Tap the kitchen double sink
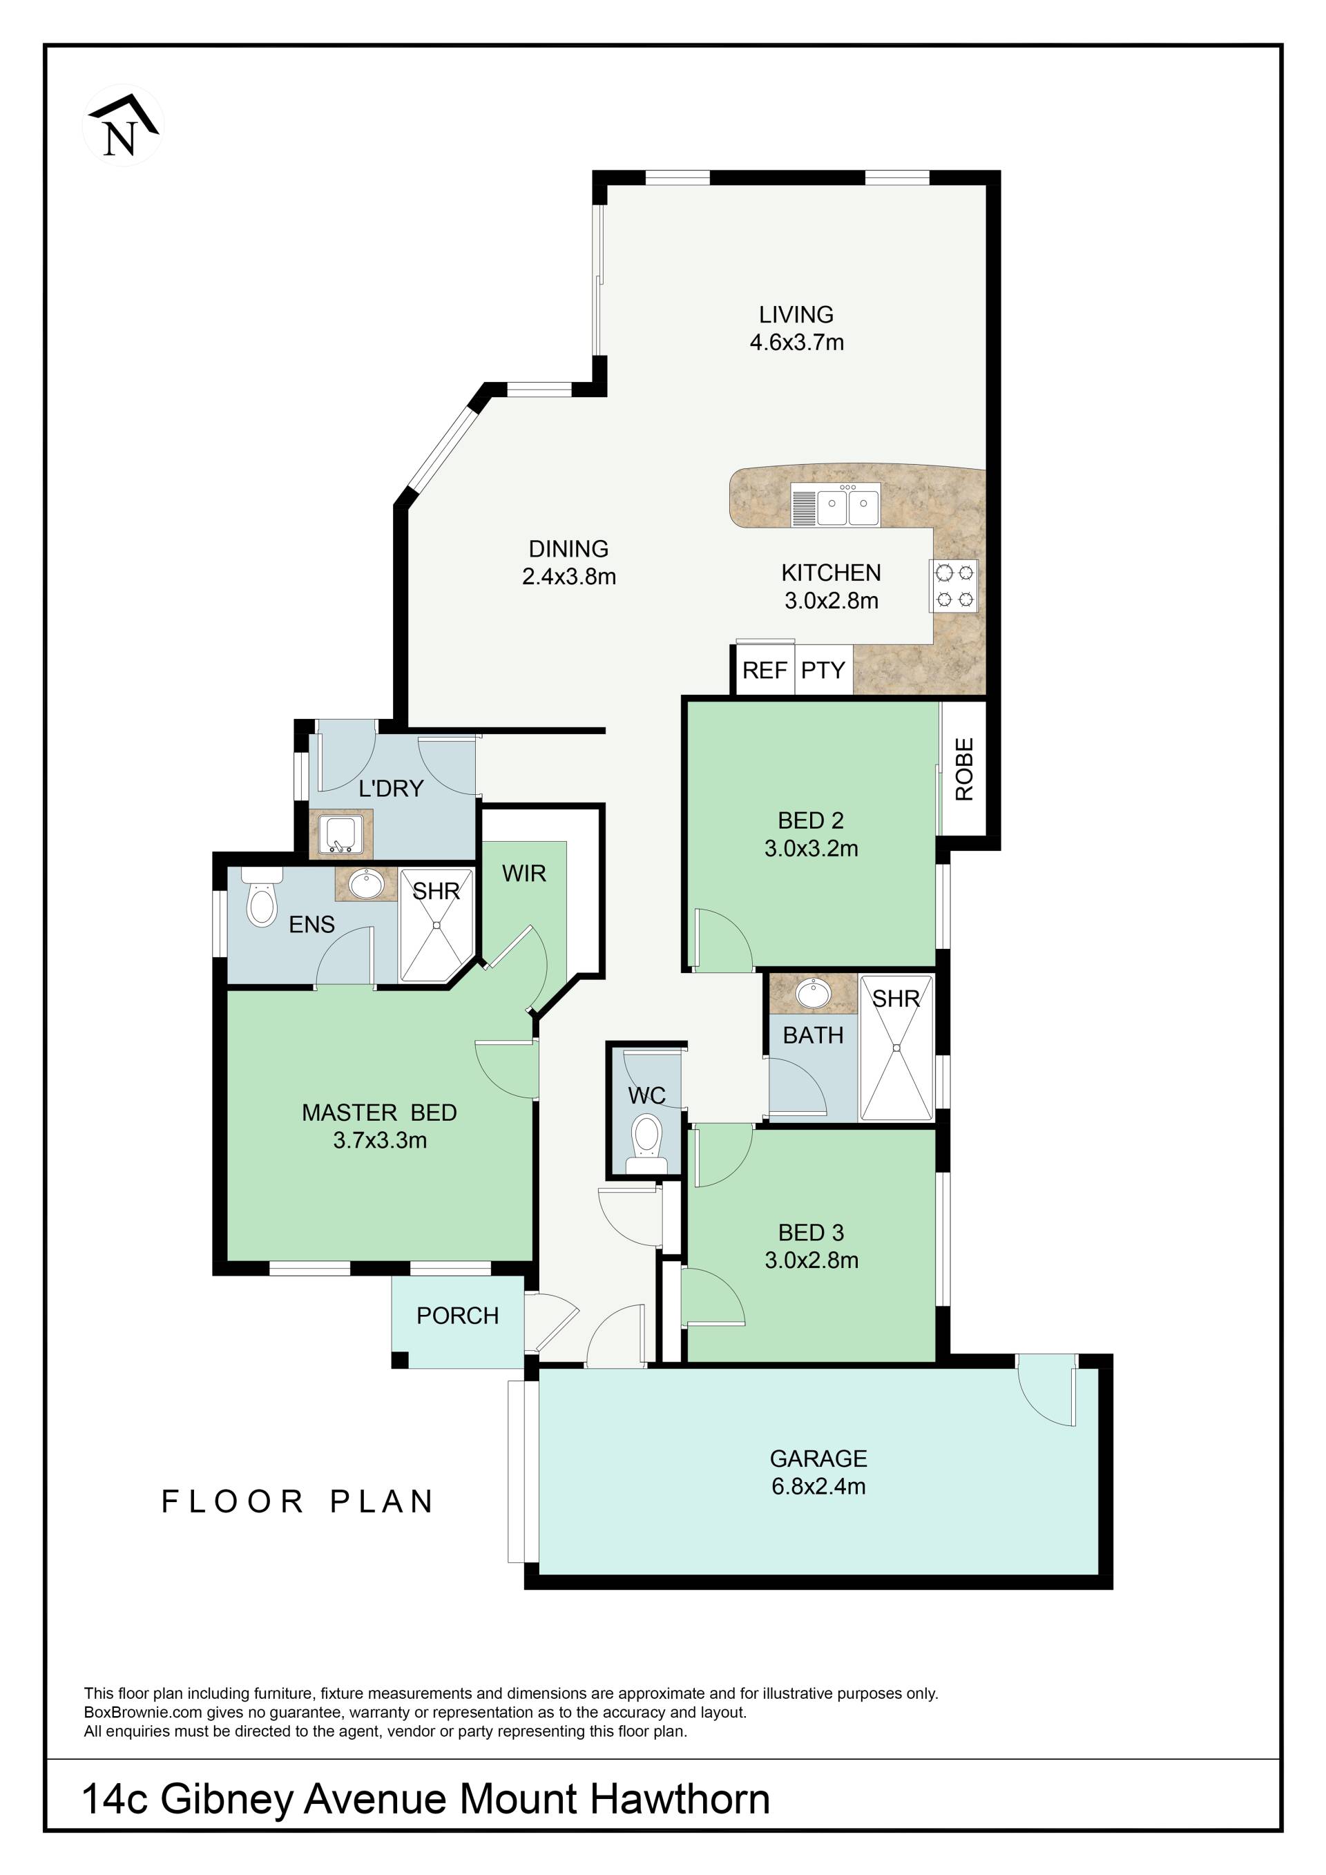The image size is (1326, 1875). (x=835, y=504)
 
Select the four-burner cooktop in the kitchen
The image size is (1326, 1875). (x=954, y=586)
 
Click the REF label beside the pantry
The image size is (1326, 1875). (x=765, y=671)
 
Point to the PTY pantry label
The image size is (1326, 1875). (x=823, y=671)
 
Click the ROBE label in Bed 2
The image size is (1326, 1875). (x=964, y=769)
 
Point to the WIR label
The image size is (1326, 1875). (x=523, y=874)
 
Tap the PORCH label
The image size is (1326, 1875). (x=457, y=1316)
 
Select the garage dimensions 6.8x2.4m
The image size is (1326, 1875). (x=818, y=1486)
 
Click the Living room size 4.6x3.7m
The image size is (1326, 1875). (x=797, y=342)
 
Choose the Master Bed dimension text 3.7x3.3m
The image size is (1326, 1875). (x=380, y=1140)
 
